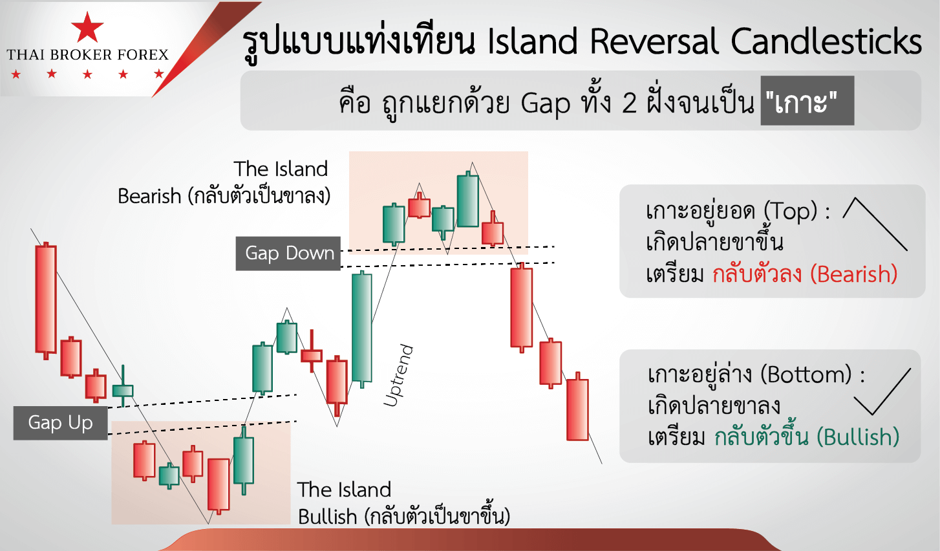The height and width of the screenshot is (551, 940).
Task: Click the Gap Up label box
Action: point(61,423)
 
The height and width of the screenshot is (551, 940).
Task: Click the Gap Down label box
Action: point(288,253)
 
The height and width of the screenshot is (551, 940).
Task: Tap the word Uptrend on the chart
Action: point(398,376)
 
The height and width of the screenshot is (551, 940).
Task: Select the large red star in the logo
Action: point(87,28)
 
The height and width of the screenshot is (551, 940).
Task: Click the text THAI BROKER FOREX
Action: point(87,55)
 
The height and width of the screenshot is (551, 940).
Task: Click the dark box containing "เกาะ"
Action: point(807,101)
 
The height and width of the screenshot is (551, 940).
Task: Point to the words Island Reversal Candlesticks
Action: point(704,42)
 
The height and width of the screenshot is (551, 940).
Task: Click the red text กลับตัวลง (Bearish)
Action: point(805,274)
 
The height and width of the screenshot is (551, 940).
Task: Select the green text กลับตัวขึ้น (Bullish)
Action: point(807,437)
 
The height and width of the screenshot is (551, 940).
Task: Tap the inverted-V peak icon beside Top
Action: point(874,222)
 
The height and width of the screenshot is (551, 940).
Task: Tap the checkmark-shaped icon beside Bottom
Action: point(882,391)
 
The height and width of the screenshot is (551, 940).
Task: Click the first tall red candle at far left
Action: point(46,299)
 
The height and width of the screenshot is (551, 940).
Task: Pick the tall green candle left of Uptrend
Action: point(362,327)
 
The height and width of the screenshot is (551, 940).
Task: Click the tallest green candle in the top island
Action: point(467,200)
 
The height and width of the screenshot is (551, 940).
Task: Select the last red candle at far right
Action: point(577,409)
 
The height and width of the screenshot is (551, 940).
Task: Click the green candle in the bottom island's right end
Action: point(244,460)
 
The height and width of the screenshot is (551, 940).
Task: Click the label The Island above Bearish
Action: point(281,169)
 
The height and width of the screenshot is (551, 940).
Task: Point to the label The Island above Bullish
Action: point(344,490)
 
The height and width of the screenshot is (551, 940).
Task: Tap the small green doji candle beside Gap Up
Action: point(122,391)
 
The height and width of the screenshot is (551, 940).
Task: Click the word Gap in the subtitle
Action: point(546,103)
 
